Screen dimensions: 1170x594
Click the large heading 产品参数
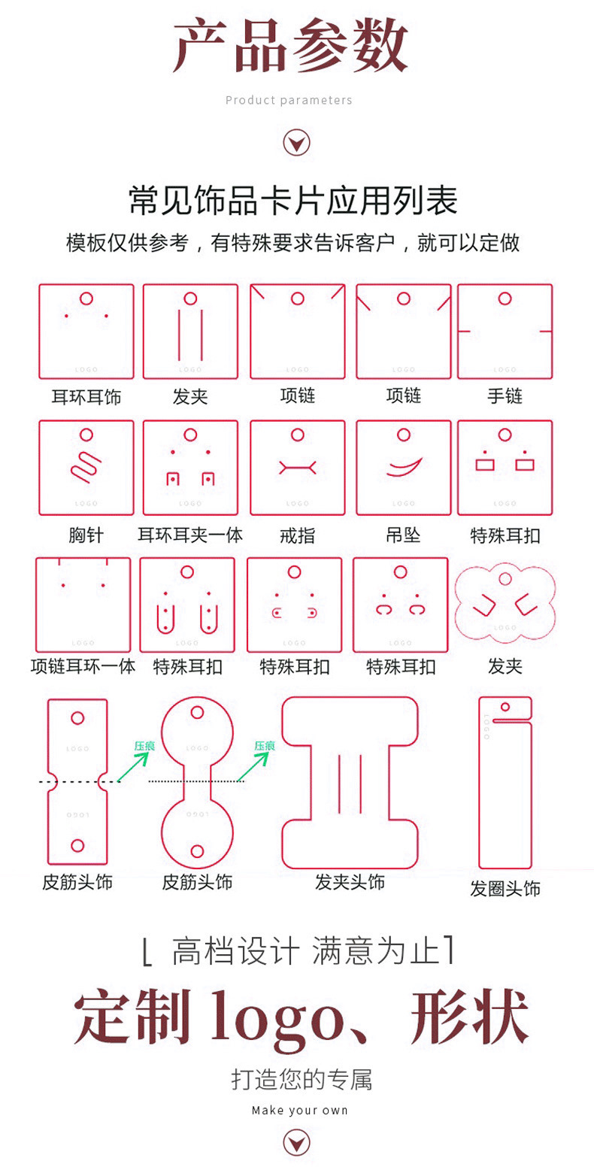pos(291,47)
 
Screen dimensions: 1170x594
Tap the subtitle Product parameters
pos(289,100)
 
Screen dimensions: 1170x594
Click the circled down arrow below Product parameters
pos(296,142)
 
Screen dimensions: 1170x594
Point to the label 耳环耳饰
pos(86,396)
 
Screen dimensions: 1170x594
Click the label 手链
pos(505,396)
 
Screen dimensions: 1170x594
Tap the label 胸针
pos(86,535)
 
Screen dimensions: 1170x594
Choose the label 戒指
pos(297,535)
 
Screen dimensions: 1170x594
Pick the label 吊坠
pos(403,535)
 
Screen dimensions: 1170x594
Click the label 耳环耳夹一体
pos(190,535)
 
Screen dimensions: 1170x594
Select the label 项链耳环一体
pos(83,666)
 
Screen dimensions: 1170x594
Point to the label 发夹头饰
pos(350,882)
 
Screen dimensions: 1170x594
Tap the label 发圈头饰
pos(505,888)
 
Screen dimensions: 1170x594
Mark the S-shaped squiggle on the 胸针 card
pos(86,467)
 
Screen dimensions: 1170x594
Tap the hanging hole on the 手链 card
pos(505,299)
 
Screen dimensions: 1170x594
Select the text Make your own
pos(299,1110)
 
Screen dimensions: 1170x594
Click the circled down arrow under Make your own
pos(296,1143)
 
